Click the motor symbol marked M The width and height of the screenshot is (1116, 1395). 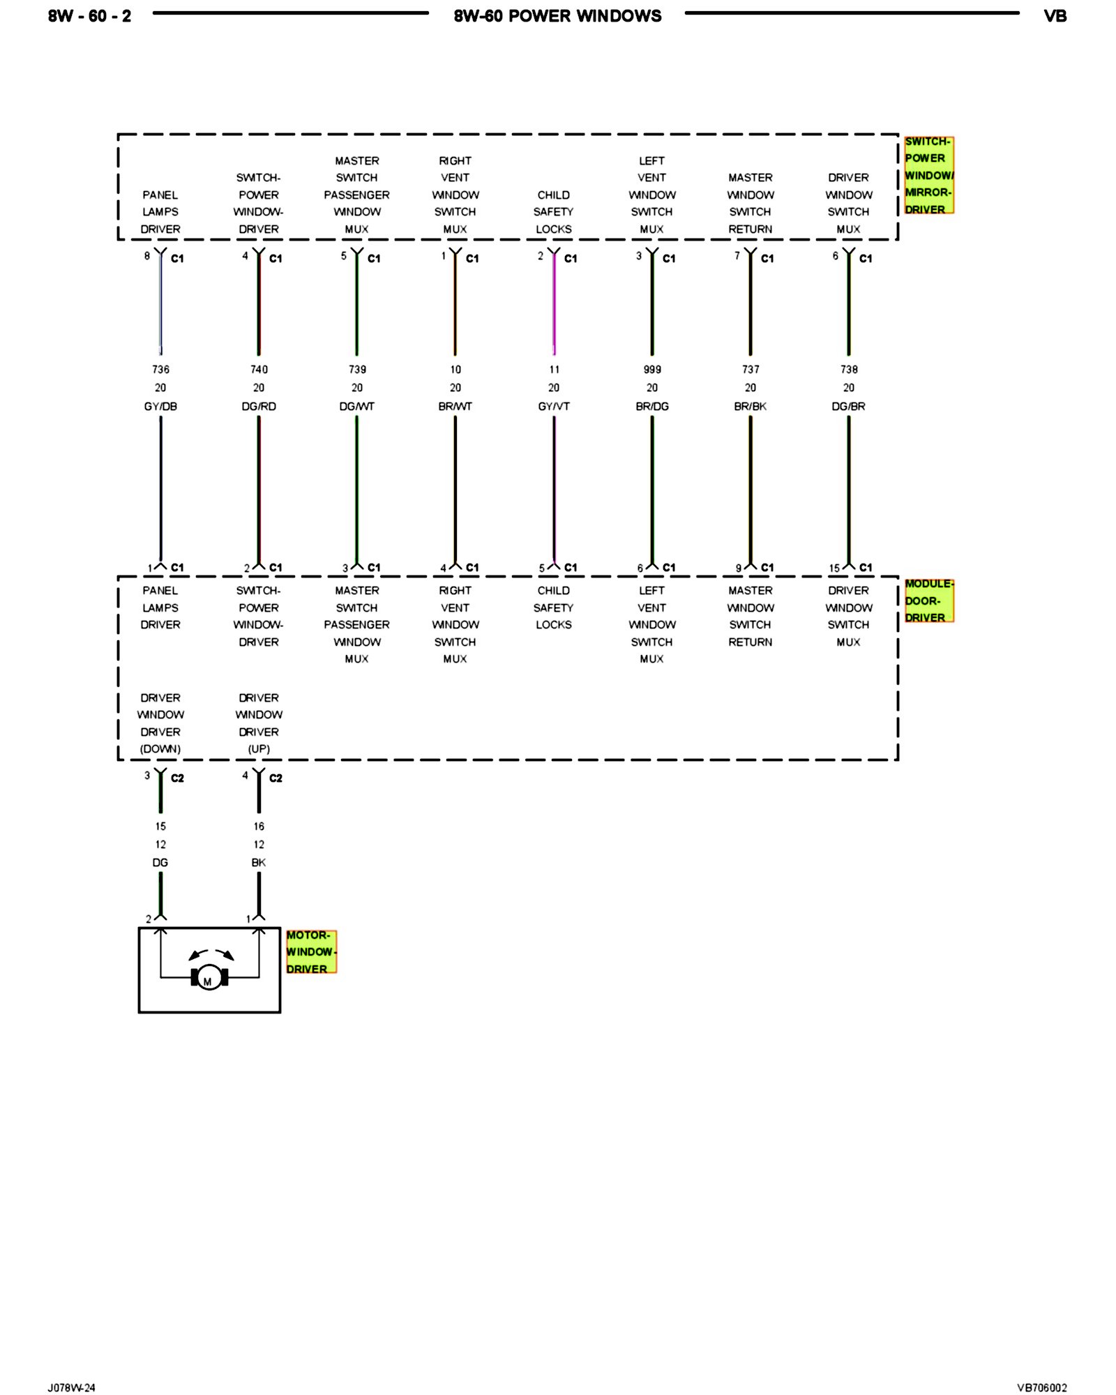pyautogui.click(x=209, y=978)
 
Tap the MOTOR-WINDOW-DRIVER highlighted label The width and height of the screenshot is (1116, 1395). pyautogui.click(x=310, y=951)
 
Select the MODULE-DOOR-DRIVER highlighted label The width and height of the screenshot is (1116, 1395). pyautogui.click(x=928, y=601)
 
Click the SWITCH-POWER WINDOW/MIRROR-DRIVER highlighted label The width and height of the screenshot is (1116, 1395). pyautogui.click(x=928, y=175)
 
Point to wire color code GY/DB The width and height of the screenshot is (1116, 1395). pyautogui.click(x=160, y=406)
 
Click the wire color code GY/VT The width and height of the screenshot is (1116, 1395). pyautogui.click(x=554, y=406)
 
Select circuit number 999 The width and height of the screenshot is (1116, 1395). pyautogui.click(x=652, y=369)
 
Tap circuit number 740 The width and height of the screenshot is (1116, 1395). pyautogui.click(x=259, y=369)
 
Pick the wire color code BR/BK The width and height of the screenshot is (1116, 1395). pyautogui.click(x=751, y=406)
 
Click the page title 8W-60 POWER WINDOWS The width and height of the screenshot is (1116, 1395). pyautogui.click(x=557, y=16)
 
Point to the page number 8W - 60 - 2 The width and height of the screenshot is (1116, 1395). pyautogui.click(x=89, y=16)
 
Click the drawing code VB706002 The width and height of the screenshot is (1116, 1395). pyautogui.click(x=1041, y=1387)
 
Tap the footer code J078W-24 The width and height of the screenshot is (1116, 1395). pyautogui.click(x=71, y=1387)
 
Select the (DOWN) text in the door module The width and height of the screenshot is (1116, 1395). pyautogui.click(x=160, y=748)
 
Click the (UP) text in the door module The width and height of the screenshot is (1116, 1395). pyautogui.click(x=259, y=748)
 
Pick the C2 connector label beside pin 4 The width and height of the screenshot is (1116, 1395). pyautogui.click(x=276, y=778)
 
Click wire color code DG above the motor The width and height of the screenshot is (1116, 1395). pyautogui.click(x=160, y=862)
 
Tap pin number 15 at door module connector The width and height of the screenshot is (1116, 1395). pyautogui.click(x=834, y=568)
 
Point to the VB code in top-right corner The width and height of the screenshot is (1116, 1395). pyautogui.click(x=1055, y=16)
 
